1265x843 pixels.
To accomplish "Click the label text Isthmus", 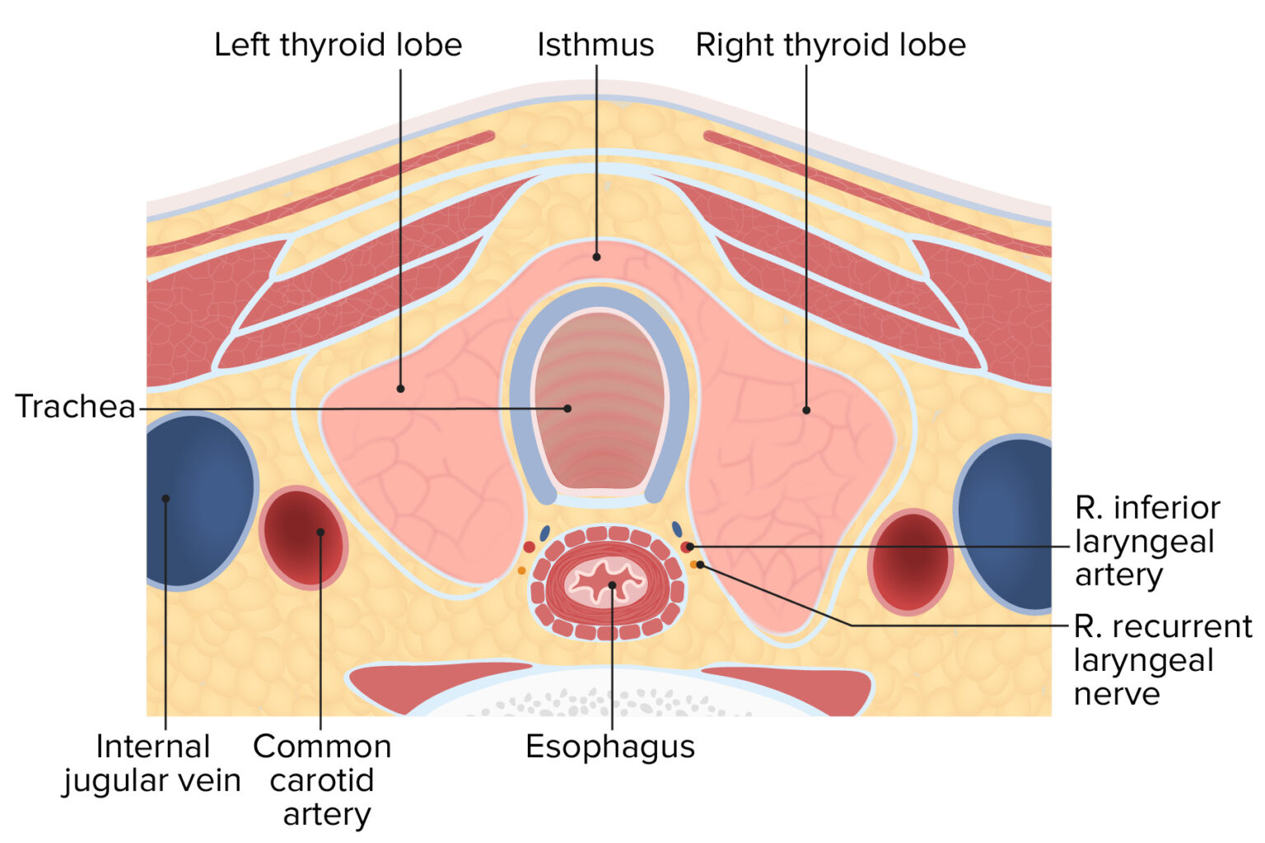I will pyautogui.click(x=595, y=44).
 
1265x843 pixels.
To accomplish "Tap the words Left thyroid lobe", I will pyautogui.click(x=338, y=44).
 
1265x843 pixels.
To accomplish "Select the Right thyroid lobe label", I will pyautogui.click(x=830, y=44).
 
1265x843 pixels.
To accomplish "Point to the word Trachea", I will pyautogui.click(x=75, y=407).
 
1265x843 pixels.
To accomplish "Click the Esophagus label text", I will pyautogui.click(x=610, y=747).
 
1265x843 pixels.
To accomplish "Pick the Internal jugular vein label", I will pyautogui.click(x=152, y=763).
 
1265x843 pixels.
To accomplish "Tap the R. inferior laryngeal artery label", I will pyautogui.click(x=1146, y=541).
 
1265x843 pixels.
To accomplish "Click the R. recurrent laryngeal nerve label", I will pyautogui.click(x=1161, y=659).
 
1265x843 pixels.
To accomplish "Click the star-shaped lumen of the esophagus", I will pyautogui.click(x=607, y=581).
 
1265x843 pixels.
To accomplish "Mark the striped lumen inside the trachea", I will pyautogui.click(x=600, y=395).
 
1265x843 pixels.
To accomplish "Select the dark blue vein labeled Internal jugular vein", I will pyautogui.click(x=198, y=501).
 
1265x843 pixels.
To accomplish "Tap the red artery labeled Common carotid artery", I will pyautogui.click(x=303, y=537).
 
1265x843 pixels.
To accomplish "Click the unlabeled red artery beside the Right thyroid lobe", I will pyautogui.click(x=910, y=561).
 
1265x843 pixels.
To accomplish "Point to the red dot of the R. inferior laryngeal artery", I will pyautogui.click(x=686, y=547).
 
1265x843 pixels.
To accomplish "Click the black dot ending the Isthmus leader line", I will pyautogui.click(x=596, y=257).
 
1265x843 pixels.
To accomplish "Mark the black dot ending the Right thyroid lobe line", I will pyautogui.click(x=806, y=409).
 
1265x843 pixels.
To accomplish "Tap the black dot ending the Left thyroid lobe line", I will pyautogui.click(x=401, y=388).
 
